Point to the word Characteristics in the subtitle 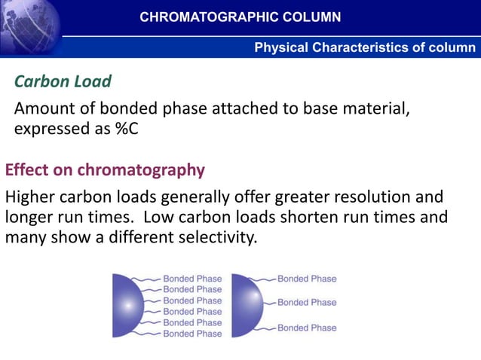(x=361, y=47)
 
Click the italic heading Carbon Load (x=63, y=81)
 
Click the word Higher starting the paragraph (x=30, y=198)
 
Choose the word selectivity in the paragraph (x=215, y=238)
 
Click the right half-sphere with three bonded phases (x=246, y=305)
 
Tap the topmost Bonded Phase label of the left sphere (x=192, y=279)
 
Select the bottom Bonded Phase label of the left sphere (x=192, y=334)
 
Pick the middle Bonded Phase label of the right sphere (x=307, y=303)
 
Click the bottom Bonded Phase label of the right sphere (x=307, y=328)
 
